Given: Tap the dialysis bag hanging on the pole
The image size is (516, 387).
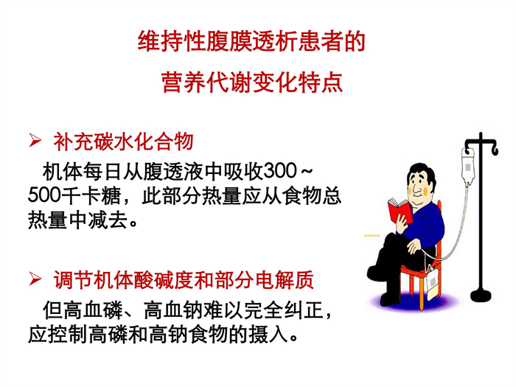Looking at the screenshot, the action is click(x=467, y=168).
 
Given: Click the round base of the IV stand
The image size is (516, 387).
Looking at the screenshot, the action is click(x=481, y=295).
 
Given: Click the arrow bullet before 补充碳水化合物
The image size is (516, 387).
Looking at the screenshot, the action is click(x=35, y=140).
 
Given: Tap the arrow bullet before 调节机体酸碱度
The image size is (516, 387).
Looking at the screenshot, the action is click(x=35, y=279).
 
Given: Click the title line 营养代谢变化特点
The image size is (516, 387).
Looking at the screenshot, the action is click(x=252, y=82).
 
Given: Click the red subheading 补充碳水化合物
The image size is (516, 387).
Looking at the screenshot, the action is click(x=123, y=142).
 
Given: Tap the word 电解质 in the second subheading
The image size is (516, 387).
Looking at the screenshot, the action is click(x=283, y=280).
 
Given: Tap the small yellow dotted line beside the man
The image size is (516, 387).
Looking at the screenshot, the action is click(x=372, y=236).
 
